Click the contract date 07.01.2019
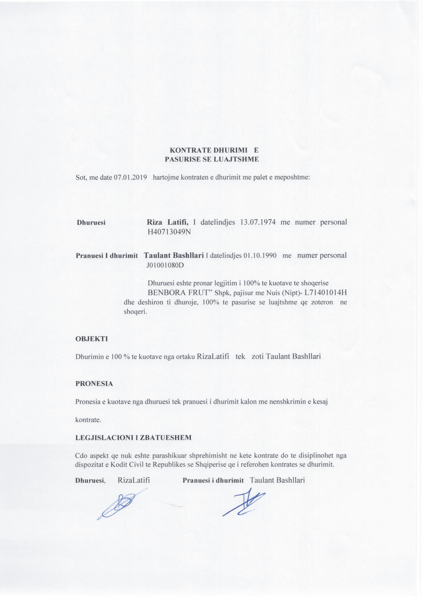pos(130,177)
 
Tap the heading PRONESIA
pos(94,384)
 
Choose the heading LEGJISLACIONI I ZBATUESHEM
pos(133,438)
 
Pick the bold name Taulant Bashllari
pos(174,255)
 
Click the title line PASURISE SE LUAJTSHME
pos(212,159)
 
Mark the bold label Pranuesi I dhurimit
pos(106,256)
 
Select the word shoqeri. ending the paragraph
pos(135,312)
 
